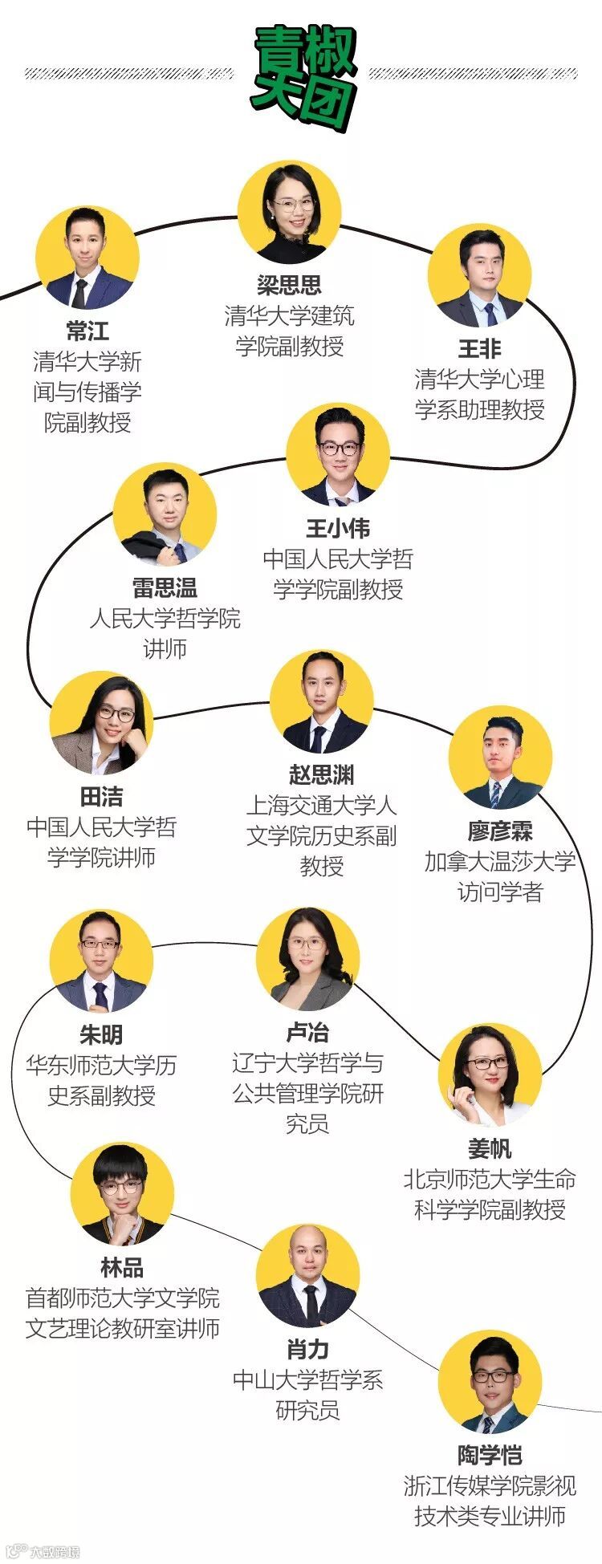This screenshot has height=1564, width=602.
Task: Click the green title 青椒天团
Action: pos(303,76)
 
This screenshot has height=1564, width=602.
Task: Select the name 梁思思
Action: pos(289,285)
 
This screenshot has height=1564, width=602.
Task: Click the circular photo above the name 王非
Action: pos(479,275)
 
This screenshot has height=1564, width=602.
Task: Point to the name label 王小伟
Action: pos(338,529)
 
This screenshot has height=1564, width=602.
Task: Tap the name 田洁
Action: pos(101,797)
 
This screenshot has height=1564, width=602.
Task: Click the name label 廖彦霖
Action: pos(500,831)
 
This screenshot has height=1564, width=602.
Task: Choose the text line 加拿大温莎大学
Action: pos(500,862)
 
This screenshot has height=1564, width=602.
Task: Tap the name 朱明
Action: pos(101,1035)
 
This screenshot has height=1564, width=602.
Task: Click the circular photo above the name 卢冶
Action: pos(307,959)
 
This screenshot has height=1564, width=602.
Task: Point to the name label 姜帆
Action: pos(490,1149)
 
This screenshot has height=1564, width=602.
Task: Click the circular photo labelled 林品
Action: pos(122,1194)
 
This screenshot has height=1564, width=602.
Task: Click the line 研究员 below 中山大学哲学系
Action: pos(307,1410)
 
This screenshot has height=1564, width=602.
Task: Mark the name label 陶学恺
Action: pos(490,1455)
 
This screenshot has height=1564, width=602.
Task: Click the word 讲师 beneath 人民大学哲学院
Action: pos(165,648)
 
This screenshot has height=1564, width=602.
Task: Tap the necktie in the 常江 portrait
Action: pos(79,293)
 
